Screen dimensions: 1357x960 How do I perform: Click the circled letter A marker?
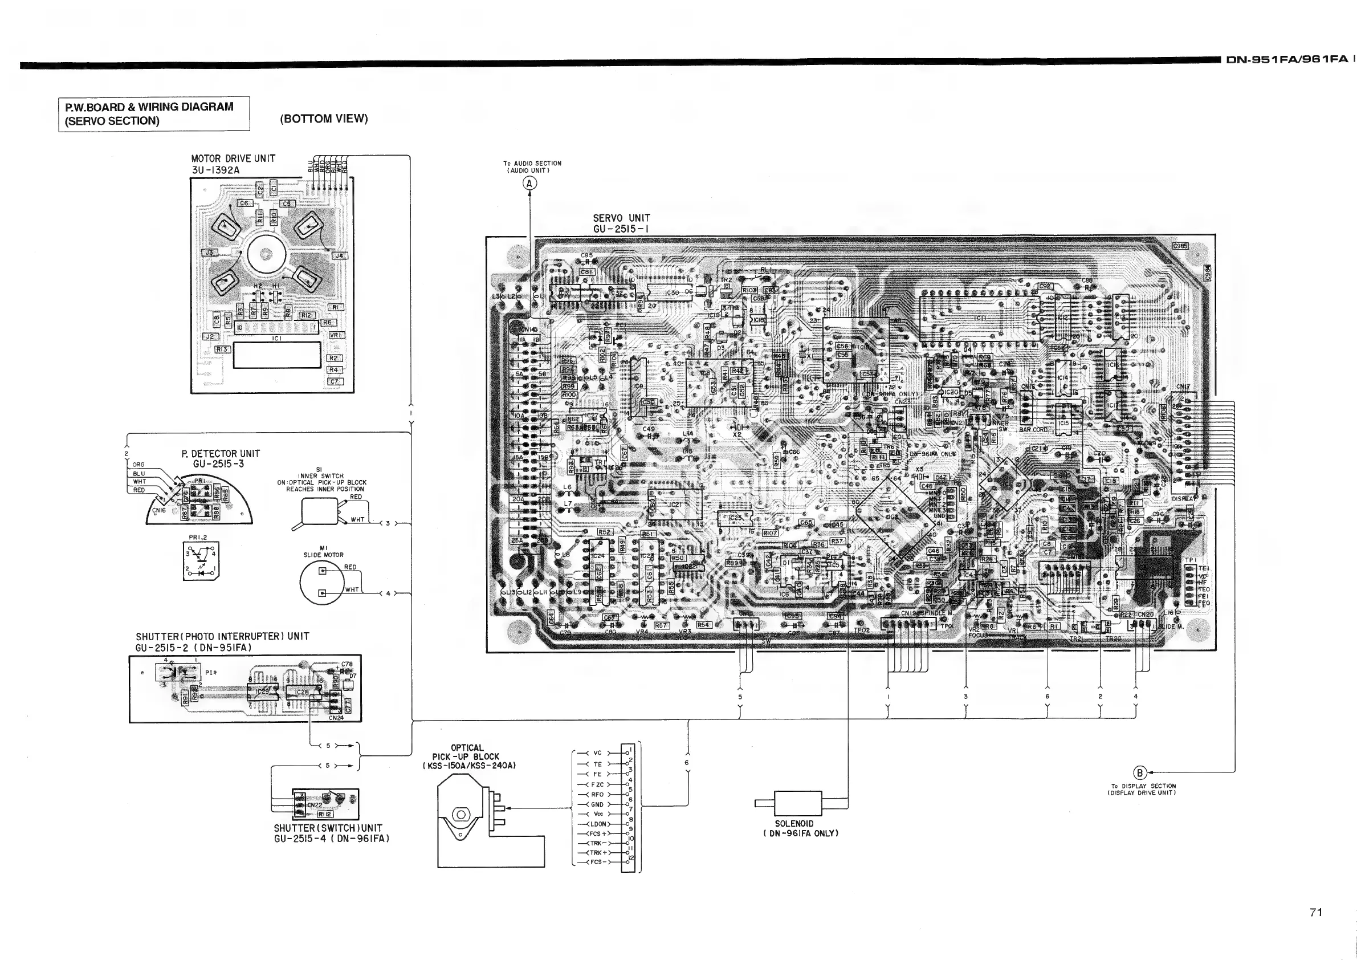click(529, 184)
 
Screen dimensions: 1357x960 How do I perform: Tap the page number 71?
click(1315, 912)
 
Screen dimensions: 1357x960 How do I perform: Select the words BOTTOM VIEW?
click(324, 119)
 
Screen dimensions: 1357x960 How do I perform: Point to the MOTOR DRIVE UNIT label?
click(233, 158)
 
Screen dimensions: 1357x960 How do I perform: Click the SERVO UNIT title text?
click(621, 218)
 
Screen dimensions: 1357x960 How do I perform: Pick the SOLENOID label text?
click(794, 823)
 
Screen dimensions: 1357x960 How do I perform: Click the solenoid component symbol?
click(798, 803)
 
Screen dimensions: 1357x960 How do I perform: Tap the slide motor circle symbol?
click(322, 581)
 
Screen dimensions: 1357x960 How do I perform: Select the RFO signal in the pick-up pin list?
click(597, 795)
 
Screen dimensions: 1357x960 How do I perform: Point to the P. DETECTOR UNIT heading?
click(221, 454)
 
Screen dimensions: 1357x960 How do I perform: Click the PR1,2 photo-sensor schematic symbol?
click(201, 561)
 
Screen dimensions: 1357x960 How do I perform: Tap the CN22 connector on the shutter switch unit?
click(315, 804)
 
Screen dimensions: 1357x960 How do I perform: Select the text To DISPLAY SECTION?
click(1143, 786)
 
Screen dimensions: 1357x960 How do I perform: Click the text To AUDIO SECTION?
click(532, 163)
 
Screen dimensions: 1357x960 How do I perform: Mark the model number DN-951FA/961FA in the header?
click(1287, 59)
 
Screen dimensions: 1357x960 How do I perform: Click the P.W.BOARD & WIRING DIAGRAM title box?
click(154, 113)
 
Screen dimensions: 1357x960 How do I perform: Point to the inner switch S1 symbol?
click(319, 511)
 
